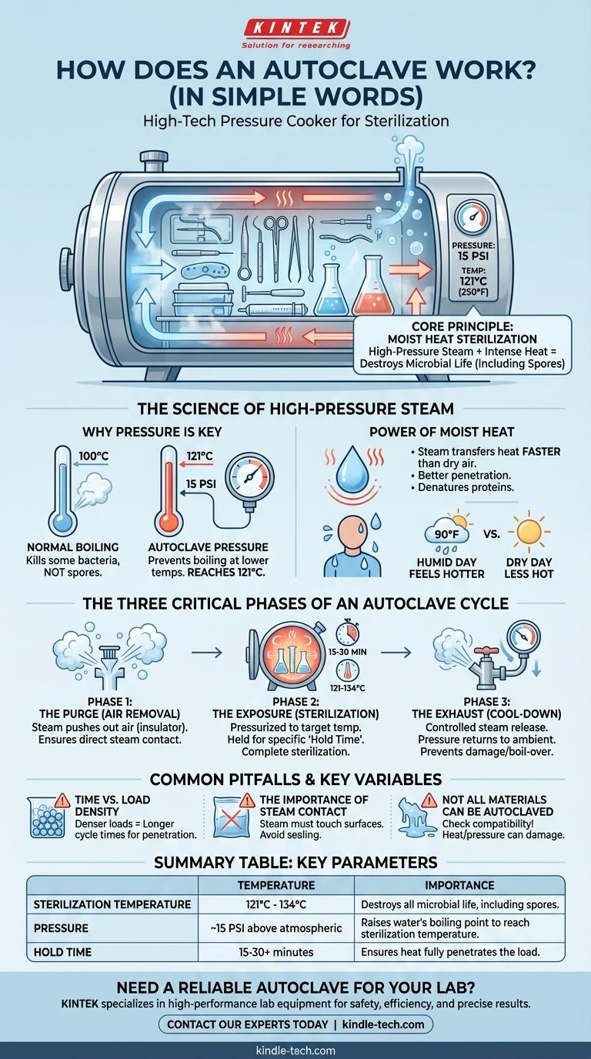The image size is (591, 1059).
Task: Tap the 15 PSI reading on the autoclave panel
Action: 473,256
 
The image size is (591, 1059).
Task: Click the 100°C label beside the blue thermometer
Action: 93,456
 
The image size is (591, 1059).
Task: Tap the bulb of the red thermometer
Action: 169,523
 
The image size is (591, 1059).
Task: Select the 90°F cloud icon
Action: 447,535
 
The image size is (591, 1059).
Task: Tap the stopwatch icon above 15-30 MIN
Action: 348,631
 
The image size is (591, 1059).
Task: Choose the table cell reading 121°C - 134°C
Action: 276,904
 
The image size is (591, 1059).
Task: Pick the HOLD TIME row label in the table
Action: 62,952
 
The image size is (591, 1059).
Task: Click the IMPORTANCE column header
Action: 459,885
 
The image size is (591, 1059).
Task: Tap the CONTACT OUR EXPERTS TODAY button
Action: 295,1024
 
